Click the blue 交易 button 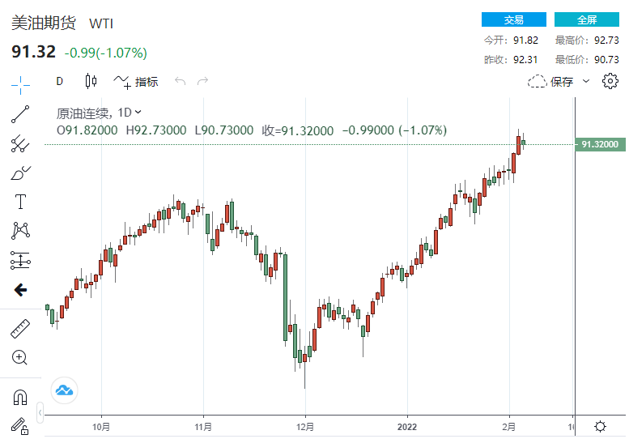(513, 20)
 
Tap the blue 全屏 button (586, 20)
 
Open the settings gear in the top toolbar (610, 80)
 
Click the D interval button (59, 81)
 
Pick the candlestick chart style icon (91, 81)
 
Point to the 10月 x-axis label (101, 426)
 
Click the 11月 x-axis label (203, 426)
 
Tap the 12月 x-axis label (305, 426)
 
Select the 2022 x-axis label (406, 426)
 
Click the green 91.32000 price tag (599, 144)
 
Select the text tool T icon (20, 201)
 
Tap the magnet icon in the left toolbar (20, 397)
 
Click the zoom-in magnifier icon (20, 357)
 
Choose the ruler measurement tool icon (20, 329)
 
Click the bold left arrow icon (20, 290)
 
